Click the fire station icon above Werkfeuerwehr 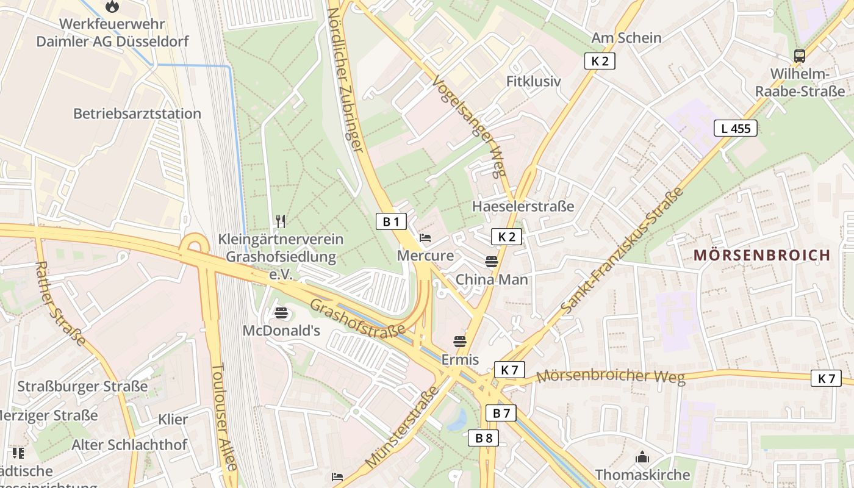[112, 7]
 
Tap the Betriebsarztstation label [137, 113]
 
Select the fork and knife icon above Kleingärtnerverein [281, 221]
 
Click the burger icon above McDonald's [281, 314]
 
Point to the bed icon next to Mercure [425, 237]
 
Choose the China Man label [492, 279]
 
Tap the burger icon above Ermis [460, 342]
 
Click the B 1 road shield [390, 221]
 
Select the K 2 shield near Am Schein [599, 60]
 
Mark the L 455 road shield [735, 128]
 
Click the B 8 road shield [483, 437]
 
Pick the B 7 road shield [501, 413]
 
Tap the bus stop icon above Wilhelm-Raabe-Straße [799, 56]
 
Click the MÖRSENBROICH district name [762, 255]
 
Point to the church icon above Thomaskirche [642, 457]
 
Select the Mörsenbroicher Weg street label [610, 376]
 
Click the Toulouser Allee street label [223, 417]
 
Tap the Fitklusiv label [533, 81]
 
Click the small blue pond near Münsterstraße [457, 420]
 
